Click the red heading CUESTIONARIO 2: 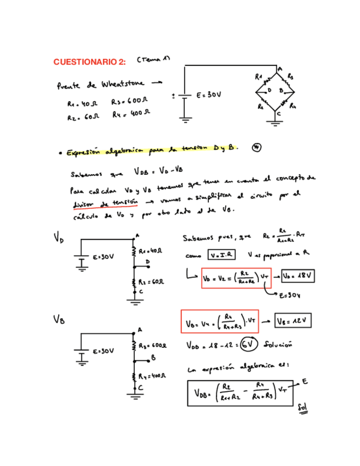click(90, 62)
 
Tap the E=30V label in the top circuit click(209, 95)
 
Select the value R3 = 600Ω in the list click(130, 102)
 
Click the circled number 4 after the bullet click(257, 147)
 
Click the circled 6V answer click(250, 344)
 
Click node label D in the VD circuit click(147, 262)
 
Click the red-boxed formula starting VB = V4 click(219, 321)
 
